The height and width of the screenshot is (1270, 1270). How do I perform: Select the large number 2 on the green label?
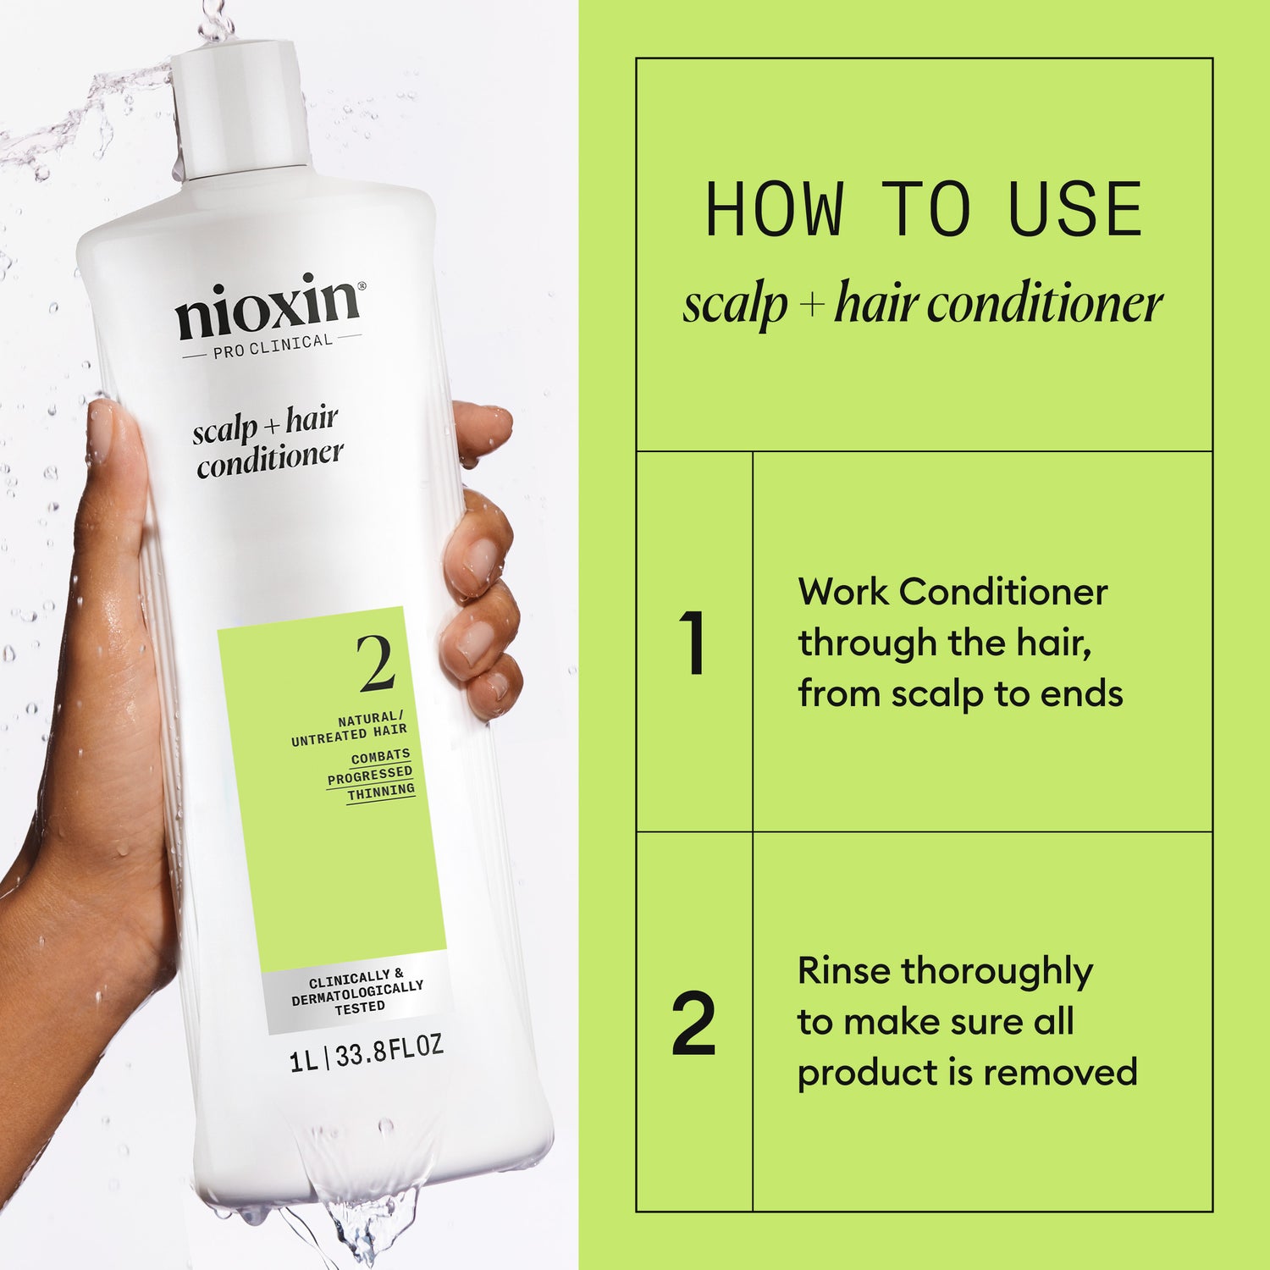pyautogui.click(x=376, y=665)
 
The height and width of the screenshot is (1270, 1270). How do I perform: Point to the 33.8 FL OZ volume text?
pyautogui.click(x=389, y=1053)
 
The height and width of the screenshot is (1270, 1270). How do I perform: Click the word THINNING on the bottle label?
pyautogui.click(x=381, y=792)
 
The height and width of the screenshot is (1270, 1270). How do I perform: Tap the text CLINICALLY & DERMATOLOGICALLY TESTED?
pyautogui.click(x=357, y=991)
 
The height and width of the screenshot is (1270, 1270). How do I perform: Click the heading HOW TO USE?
pyautogui.click(x=924, y=210)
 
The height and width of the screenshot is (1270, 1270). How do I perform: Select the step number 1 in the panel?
pyautogui.click(x=693, y=643)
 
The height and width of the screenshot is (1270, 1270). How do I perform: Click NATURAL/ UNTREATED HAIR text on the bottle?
pyautogui.click(x=349, y=729)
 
